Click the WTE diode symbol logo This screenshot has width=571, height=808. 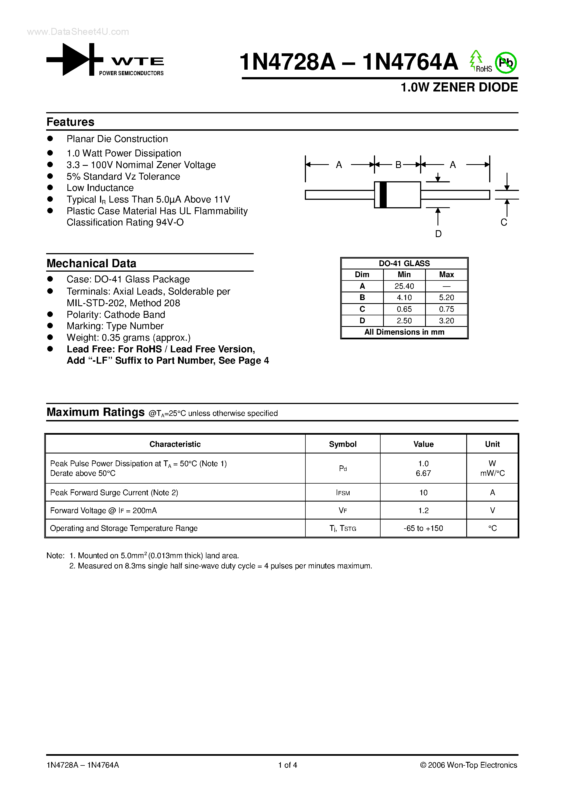click(x=75, y=59)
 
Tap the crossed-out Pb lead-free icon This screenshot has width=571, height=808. click(x=505, y=63)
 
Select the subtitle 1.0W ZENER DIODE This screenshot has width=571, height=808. click(x=459, y=87)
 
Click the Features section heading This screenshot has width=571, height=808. click(x=70, y=122)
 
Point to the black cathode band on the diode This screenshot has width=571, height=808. click(x=383, y=195)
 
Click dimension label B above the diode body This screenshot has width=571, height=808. click(x=398, y=165)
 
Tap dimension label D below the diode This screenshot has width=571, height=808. click(x=438, y=234)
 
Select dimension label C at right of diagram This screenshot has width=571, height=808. click(x=504, y=222)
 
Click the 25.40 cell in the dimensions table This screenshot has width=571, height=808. click(x=404, y=286)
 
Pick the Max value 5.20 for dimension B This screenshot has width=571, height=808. click(x=446, y=298)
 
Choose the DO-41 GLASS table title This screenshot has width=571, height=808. click(x=404, y=263)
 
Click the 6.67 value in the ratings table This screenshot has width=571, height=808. click(x=423, y=473)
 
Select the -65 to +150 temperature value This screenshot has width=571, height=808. click(x=423, y=528)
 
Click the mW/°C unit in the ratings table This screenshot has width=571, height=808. click(x=492, y=473)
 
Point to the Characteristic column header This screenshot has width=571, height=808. click(x=175, y=444)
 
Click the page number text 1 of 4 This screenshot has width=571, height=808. click(x=288, y=765)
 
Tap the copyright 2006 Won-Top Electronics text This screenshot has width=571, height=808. click(x=468, y=765)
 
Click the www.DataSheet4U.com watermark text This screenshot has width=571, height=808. click(x=78, y=32)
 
